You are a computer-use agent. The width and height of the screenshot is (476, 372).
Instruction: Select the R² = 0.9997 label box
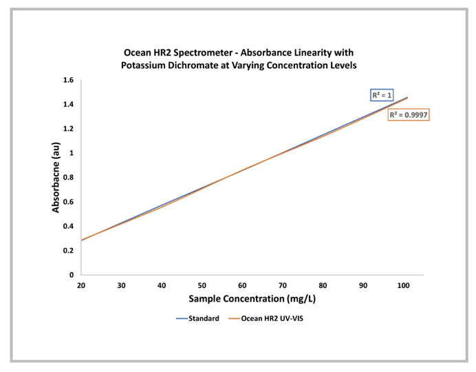[x=409, y=115]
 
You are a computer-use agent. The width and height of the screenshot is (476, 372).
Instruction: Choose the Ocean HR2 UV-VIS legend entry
[x=270, y=319]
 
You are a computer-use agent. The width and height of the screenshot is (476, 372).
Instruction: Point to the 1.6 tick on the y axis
[x=68, y=81]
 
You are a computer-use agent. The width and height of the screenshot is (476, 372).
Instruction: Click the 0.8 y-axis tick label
[x=68, y=178]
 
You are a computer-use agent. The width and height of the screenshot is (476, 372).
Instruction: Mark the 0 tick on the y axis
[x=72, y=275]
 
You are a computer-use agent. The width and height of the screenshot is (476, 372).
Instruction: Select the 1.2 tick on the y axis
[x=68, y=129]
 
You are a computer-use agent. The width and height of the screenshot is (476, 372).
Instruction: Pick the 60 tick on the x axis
[x=243, y=285]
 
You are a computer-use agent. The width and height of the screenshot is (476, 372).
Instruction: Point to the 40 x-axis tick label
[x=162, y=285]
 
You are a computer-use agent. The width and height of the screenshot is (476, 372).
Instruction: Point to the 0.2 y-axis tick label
[x=68, y=251]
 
